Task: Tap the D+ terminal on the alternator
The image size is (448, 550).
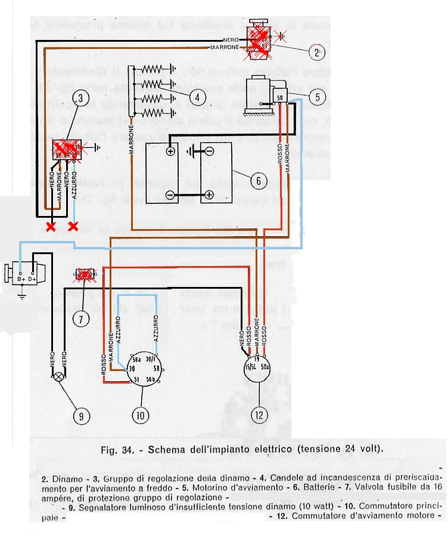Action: tap(32, 279)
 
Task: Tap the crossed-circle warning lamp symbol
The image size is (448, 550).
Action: tap(59, 377)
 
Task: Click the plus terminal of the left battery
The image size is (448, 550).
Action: tap(170, 152)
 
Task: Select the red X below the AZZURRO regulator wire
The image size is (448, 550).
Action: tap(74, 227)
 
